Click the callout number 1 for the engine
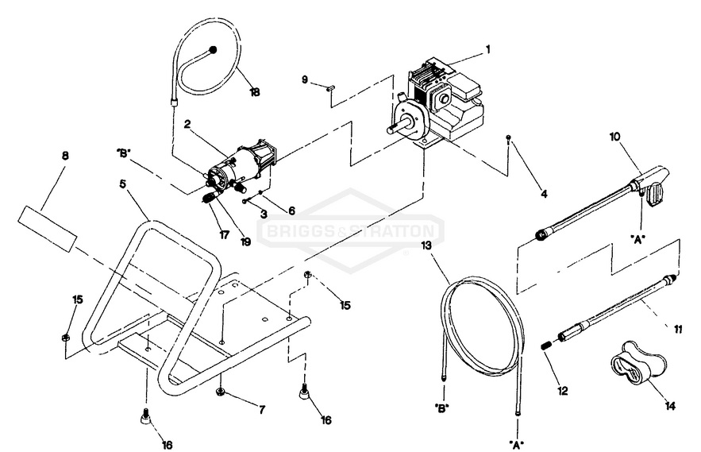click(x=487, y=48)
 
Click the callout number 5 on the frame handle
click(x=122, y=183)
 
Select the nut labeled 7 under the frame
click(x=221, y=392)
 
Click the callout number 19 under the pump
click(x=245, y=241)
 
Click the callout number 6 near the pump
click(x=291, y=211)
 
